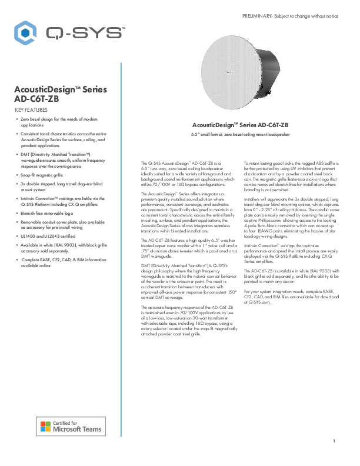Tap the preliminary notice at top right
[290, 15]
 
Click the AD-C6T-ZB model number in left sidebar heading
[36, 99]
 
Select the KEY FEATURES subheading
[30, 110]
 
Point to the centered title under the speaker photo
[240, 125]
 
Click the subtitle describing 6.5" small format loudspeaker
[240, 135]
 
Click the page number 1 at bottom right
[334, 441]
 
